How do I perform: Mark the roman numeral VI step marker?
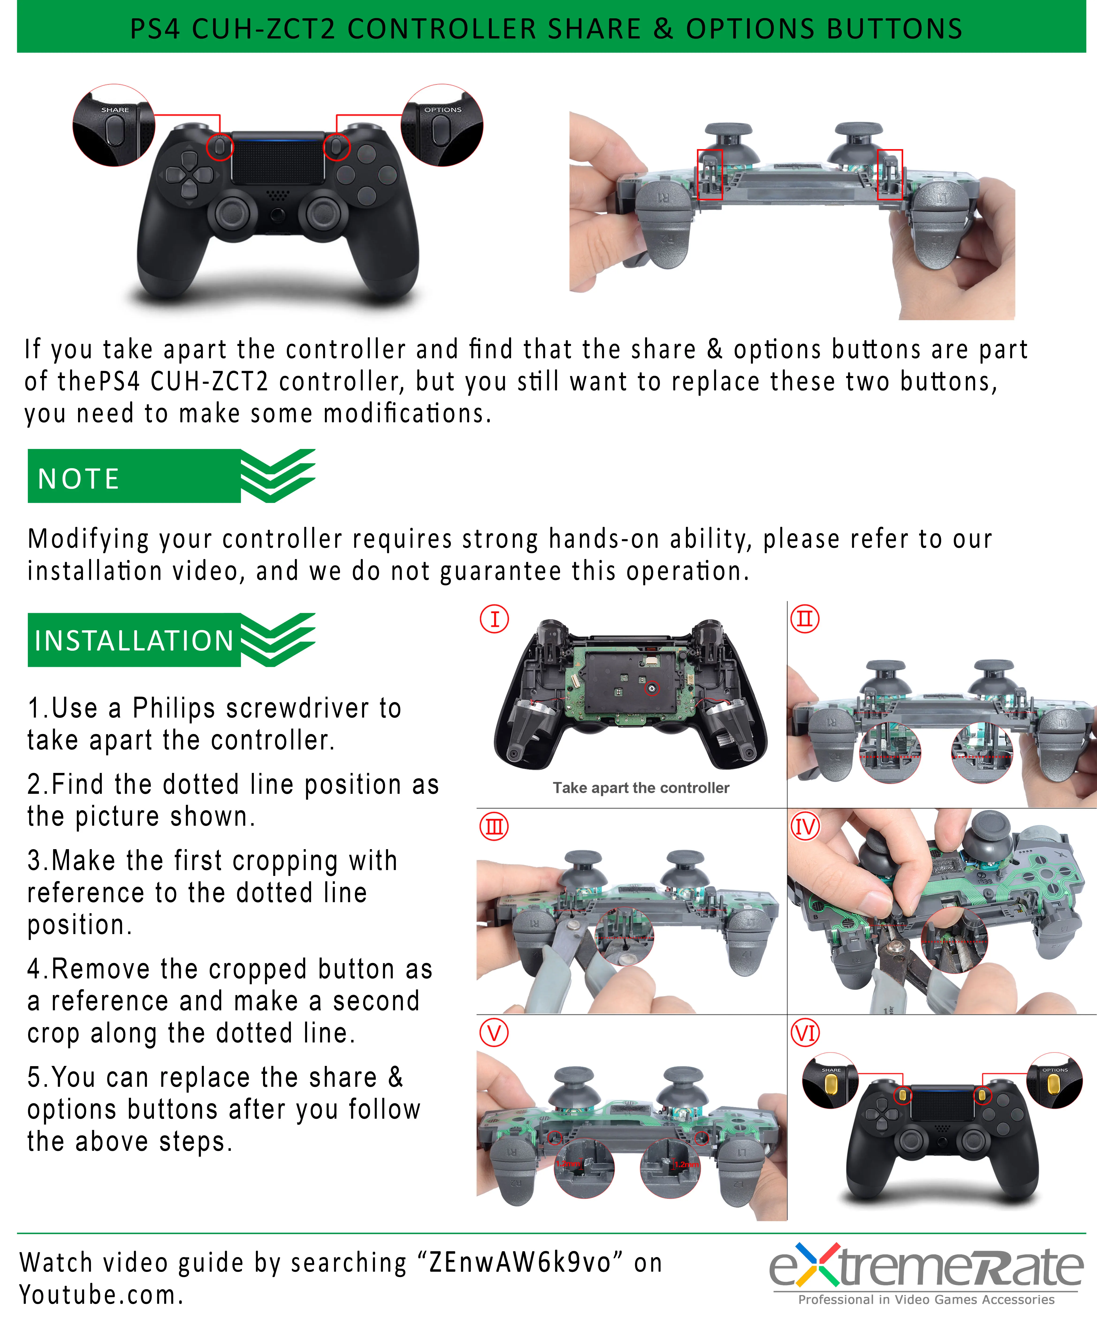point(805,1033)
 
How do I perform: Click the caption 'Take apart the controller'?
point(641,788)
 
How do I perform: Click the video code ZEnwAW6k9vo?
point(520,1262)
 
